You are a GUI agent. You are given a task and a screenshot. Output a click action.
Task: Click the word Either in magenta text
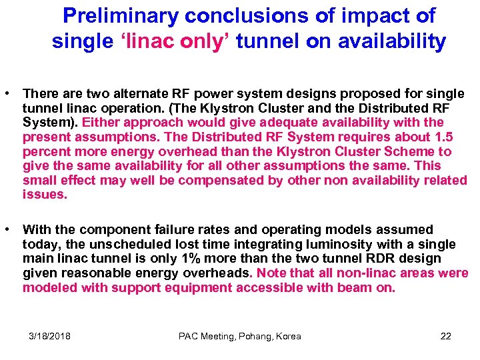101,122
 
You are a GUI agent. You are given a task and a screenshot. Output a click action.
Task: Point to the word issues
45,195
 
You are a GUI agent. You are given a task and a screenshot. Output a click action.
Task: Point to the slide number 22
445,336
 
